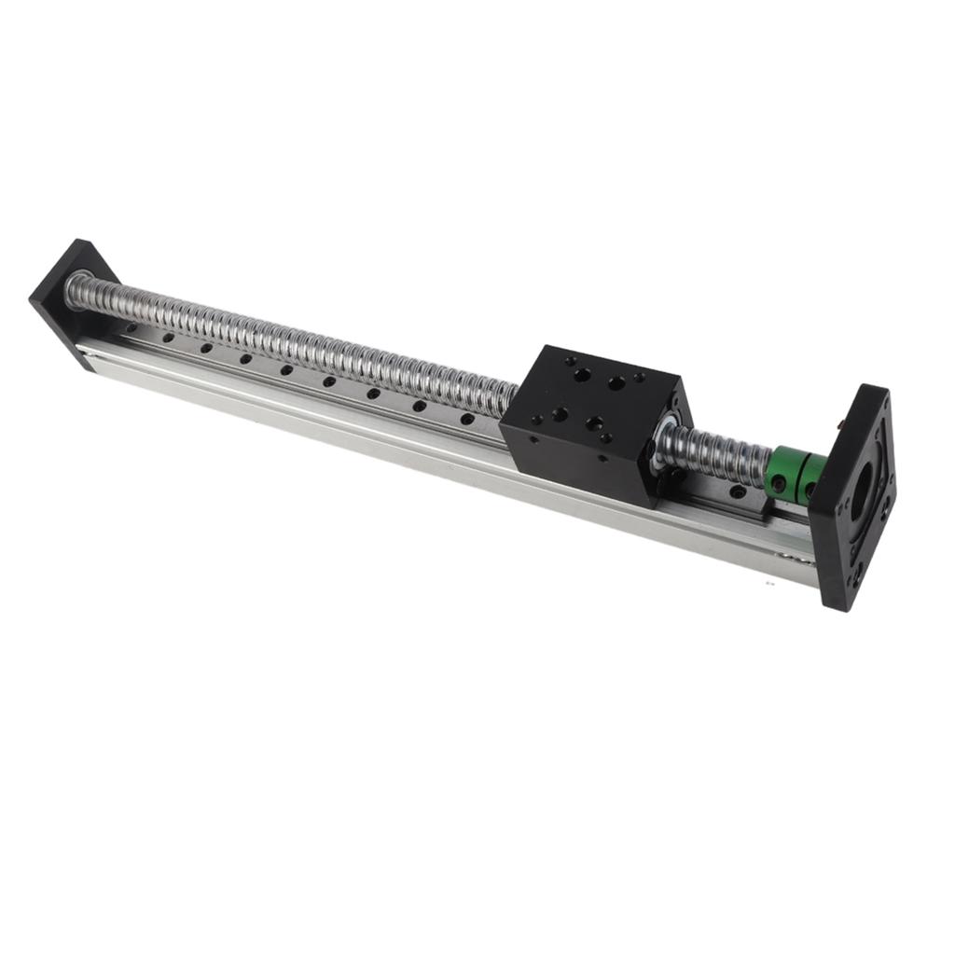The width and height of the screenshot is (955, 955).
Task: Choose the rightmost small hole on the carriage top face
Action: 640,378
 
